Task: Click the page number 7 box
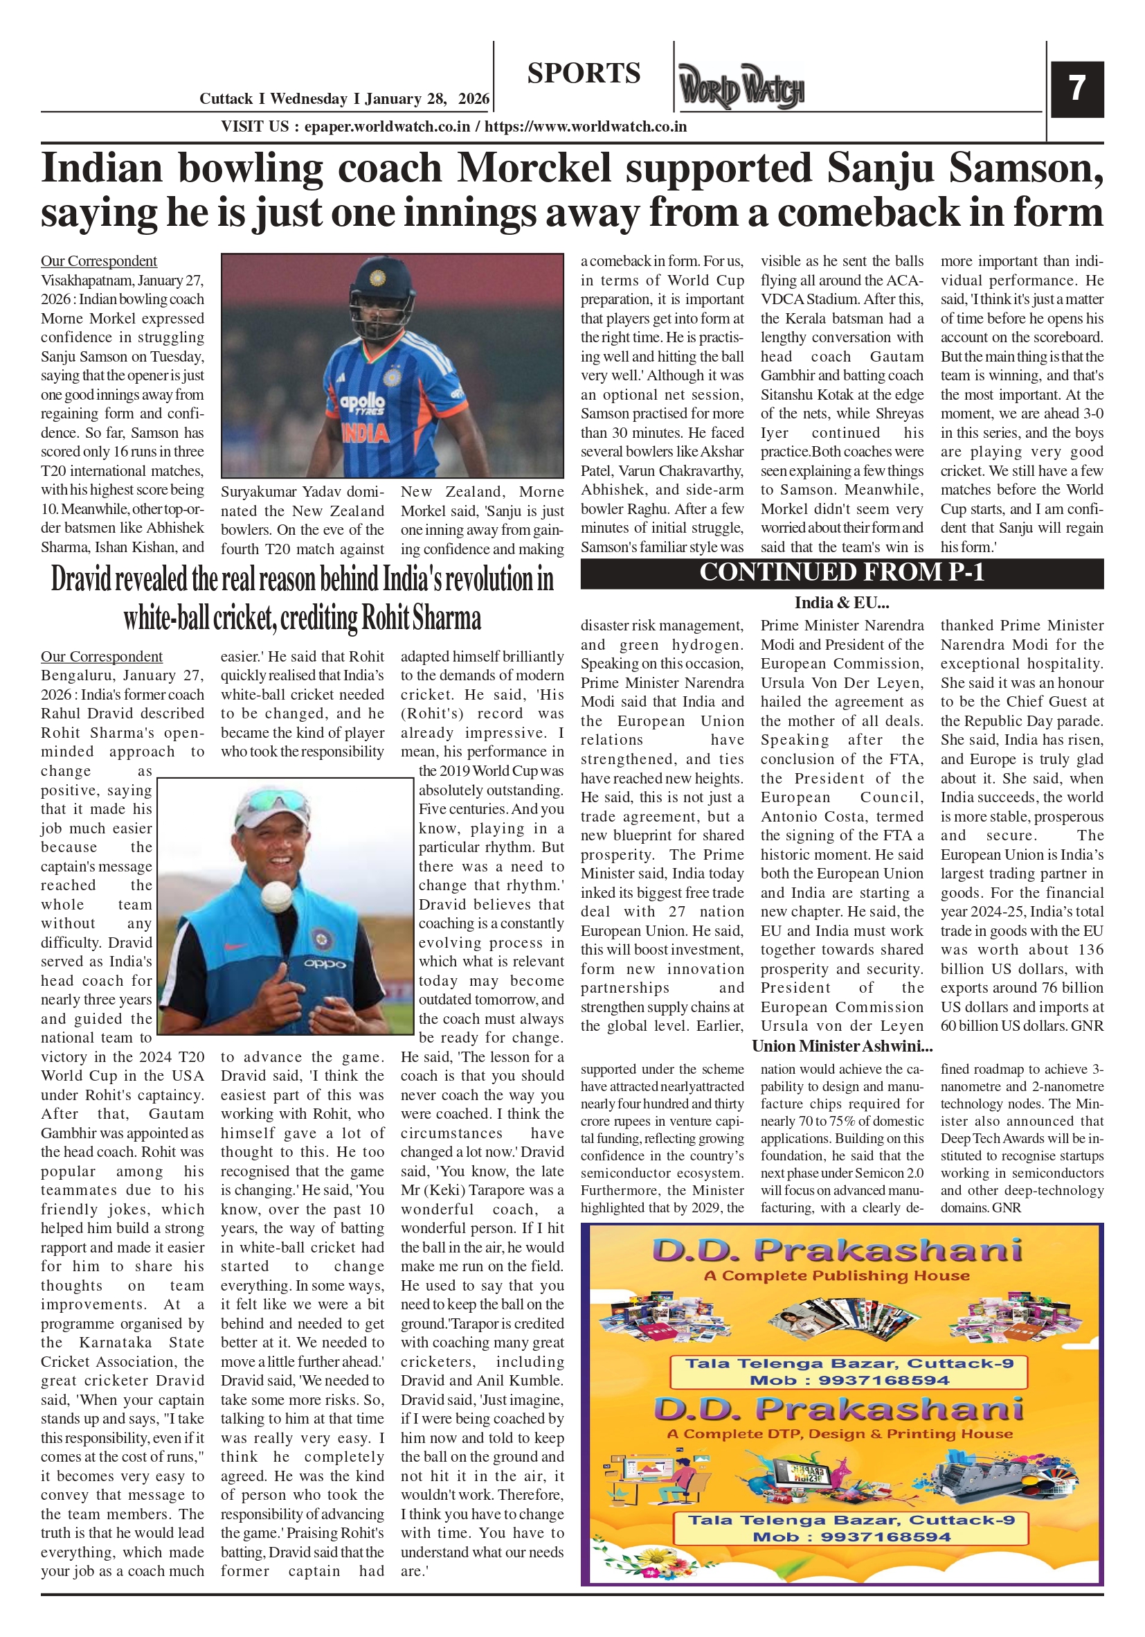point(1076,89)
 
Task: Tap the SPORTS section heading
point(584,73)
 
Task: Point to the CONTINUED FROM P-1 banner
point(842,572)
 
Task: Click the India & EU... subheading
point(842,603)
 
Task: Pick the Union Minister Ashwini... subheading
point(842,1046)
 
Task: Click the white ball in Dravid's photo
point(275,894)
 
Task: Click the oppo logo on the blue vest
point(325,964)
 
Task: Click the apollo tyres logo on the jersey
point(362,405)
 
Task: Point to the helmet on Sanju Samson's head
point(381,285)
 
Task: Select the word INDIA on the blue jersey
point(365,433)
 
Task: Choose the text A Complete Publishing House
point(836,1275)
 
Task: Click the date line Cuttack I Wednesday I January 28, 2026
point(344,98)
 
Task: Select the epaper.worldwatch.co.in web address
point(387,127)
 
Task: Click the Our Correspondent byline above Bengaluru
point(101,656)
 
